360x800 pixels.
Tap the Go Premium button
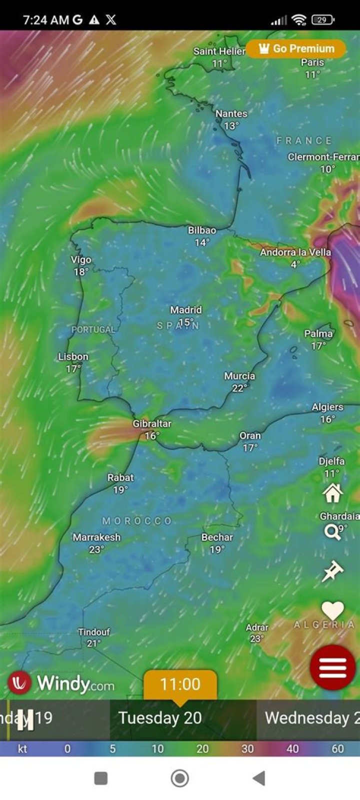click(x=296, y=49)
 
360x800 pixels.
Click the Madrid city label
click(x=185, y=310)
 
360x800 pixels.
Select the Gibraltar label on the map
click(x=152, y=424)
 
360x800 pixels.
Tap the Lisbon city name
click(x=73, y=357)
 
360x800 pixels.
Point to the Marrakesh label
click(x=96, y=537)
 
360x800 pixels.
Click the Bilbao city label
click(x=202, y=231)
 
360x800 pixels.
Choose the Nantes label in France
click(x=231, y=114)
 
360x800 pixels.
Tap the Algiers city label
click(x=327, y=407)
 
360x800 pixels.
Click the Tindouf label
click(x=94, y=632)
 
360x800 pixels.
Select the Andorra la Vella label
click(x=295, y=252)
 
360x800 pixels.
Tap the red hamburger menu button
click(x=332, y=667)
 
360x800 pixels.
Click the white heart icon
click(x=332, y=610)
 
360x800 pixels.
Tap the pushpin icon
click(x=332, y=571)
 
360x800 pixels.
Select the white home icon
click(x=332, y=493)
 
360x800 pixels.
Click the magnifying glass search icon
click(x=332, y=532)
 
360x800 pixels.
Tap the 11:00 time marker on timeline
click(x=180, y=684)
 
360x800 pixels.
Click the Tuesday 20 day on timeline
click(x=160, y=718)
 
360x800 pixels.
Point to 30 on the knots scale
click(x=247, y=749)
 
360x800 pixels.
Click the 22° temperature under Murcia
click(x=239, y=388)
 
